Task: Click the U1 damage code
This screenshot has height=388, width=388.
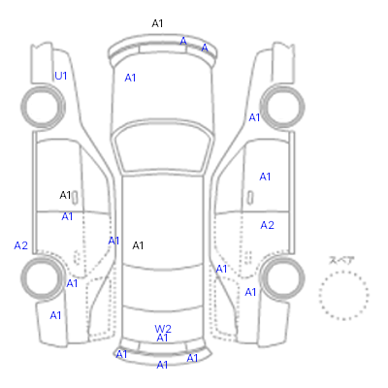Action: coord(61,76)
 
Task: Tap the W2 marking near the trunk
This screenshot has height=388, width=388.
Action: coord(163,329)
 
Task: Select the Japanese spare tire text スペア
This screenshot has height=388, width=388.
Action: coord(341,260)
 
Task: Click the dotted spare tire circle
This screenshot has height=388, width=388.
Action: coord(343,272)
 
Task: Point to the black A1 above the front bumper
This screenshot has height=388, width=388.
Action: coord(157,23)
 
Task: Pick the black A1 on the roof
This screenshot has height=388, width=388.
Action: coord(138,245)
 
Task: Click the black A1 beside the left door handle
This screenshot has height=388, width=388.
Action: coord(65,195)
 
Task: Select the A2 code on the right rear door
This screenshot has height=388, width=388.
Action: coord(268,225)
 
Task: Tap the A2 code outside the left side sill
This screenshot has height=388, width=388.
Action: coord(21,245)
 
